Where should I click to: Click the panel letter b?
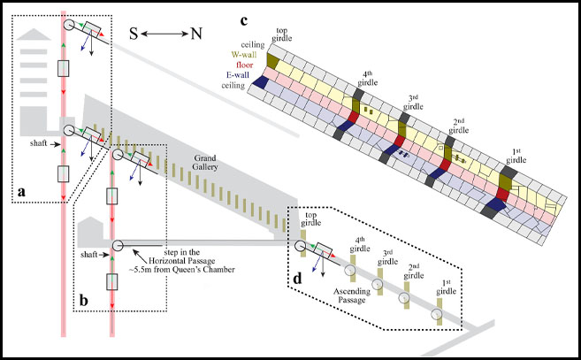coord(85,299)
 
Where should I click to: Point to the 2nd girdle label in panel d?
coord(412,270)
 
